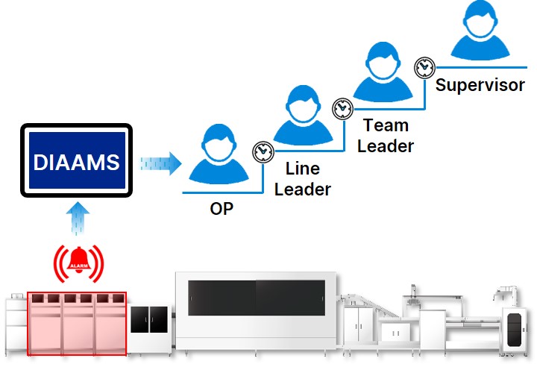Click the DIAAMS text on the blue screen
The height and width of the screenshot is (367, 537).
(76, 162)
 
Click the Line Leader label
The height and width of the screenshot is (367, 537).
(302, 180)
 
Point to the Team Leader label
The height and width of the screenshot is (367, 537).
(385, 135)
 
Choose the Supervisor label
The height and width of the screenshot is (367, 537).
(480, 84)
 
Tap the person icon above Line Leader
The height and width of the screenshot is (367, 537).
(302, 116)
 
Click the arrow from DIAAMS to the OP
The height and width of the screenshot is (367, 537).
(160, 162)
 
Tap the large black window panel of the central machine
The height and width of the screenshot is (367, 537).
(256, 306)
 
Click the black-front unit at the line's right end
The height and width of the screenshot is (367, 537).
(515, 328)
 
